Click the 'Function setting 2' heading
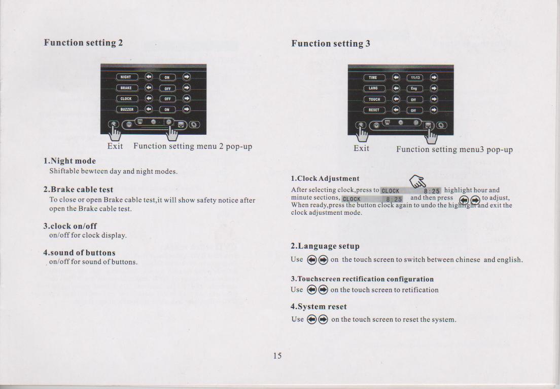83,43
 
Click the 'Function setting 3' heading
331,44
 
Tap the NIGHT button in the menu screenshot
126,76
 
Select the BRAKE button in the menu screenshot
126,88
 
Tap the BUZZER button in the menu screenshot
126,109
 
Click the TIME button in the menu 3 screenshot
373,77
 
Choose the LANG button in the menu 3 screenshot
373,88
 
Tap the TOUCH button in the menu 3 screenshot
374,99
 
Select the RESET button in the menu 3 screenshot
373,110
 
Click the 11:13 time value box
414,77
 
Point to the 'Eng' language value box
414,89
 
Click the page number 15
277,356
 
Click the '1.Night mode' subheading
69,161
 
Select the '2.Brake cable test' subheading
78,189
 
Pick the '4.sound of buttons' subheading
79,253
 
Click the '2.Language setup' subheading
325,246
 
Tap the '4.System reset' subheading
319,306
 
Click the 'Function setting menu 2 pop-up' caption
193,146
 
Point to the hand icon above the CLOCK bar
417,181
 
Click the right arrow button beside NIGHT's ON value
187,76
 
